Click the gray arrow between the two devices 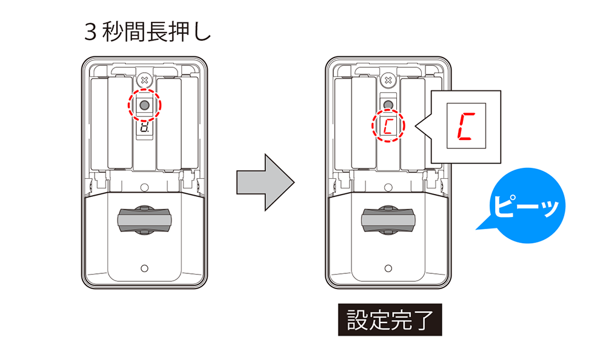coord(264,181)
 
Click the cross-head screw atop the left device coord(144,80)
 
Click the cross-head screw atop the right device coord(388,80)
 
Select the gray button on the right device coord(388,104)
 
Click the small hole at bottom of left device coord(144,267)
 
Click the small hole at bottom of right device coord(388,267)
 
